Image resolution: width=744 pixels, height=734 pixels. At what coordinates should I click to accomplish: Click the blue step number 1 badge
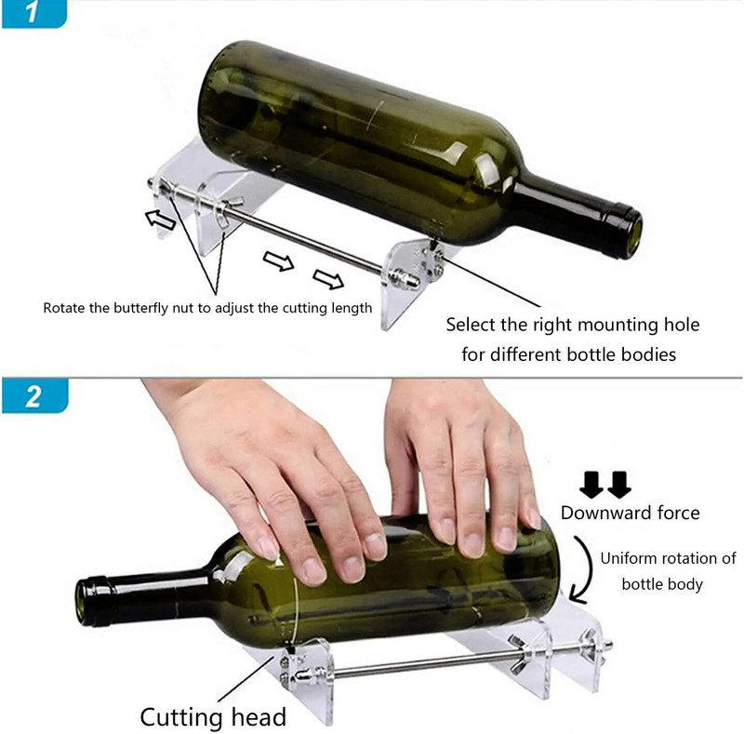pyautogui.click(x=34, y=13)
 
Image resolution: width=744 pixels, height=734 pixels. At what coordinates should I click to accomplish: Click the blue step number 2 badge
pyautogui.click(x=34, y=395)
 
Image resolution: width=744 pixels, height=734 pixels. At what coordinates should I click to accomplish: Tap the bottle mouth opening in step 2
pyautogui.click(x=82, y=602)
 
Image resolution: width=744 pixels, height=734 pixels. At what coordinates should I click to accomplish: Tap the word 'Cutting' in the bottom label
pyautogui.click(x=180, y=717)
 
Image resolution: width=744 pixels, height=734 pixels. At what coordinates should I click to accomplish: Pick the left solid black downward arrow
pyautogui.click(x=591, y=485)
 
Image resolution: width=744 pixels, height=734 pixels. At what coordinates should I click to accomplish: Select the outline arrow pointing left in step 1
pyautogui.click(x=160, y=220)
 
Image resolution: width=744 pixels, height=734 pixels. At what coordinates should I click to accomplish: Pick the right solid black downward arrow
pyautogui.click(x=619, y=485)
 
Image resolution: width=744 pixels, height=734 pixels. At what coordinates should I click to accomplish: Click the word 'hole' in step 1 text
pyautogui.click(x=682, y=325)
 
